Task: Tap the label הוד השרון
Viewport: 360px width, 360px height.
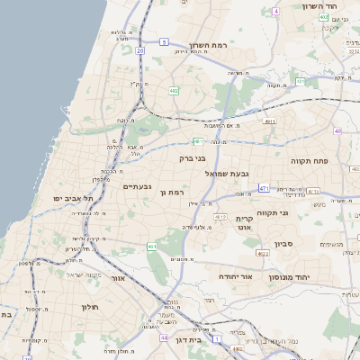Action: point(330,6)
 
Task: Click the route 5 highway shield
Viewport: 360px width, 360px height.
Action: point(164,41)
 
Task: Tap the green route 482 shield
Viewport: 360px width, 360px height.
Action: point(173,90)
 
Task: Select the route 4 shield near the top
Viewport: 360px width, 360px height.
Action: point(276,11)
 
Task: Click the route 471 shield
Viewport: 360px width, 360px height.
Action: point(264,188)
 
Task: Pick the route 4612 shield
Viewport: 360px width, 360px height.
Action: point(220,217)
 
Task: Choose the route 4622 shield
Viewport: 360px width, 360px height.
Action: point(263,255)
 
